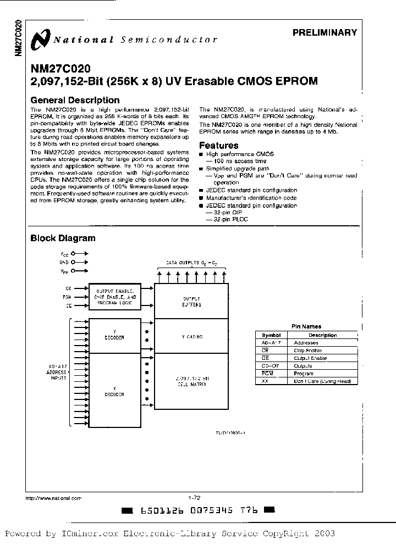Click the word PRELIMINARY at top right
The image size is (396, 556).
tap(324, 32)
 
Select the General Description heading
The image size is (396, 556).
tap(75, 100)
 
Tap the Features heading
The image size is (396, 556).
tap(218, 146)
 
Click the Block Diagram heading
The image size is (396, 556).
tap(63, 238)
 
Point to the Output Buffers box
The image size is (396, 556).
tap(192, 301)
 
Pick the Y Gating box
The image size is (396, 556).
tap(192, 336)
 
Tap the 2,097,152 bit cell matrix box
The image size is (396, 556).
tap(192, 382)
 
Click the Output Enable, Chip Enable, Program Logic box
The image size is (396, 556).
tap(116, 297)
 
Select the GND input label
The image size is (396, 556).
tap(64, 262)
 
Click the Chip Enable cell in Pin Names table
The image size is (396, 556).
tap(306, 350)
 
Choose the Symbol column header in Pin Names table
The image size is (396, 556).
tap(271, 335)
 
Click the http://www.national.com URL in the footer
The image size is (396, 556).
tap(54, 498)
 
